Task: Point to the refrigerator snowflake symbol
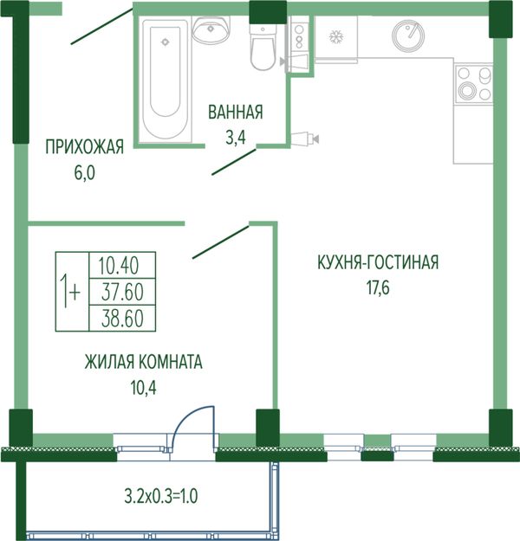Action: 335,36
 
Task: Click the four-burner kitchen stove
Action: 474,83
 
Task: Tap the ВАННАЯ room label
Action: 236,113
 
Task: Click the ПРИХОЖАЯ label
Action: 85,146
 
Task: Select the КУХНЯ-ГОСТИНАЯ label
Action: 378,262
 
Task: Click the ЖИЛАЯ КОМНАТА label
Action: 143,363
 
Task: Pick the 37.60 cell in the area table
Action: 122,292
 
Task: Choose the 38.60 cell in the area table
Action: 122,319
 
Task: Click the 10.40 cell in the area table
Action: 122,265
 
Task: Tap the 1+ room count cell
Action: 72,292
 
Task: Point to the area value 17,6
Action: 378,288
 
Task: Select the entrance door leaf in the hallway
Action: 102,27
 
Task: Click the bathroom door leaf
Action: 234,162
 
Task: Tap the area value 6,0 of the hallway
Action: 85,173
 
